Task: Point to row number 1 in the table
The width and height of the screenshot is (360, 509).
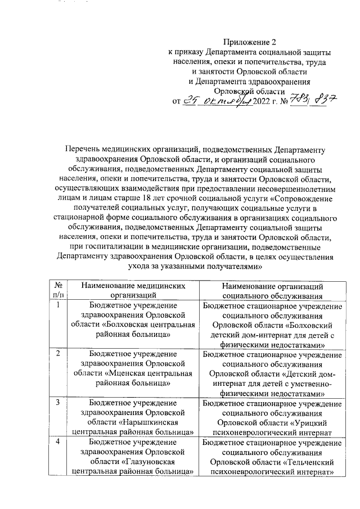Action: [x=58, y=305]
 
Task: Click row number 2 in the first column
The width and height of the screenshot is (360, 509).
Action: [x=58, y=353]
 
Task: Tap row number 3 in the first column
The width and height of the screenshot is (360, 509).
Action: [x=58, y=402]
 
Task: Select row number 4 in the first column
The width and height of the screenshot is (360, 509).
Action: [x=58, y=442]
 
